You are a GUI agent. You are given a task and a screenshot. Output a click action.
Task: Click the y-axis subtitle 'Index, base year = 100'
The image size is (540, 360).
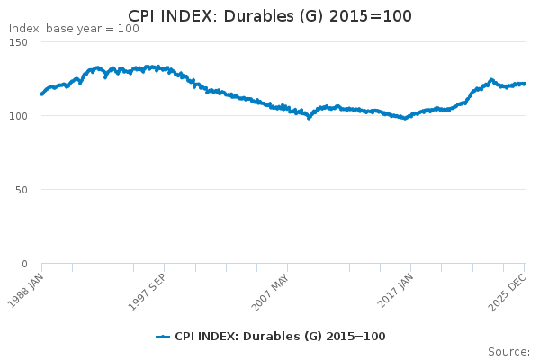[x=74, y=29]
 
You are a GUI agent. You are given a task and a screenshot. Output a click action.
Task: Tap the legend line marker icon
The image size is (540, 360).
[x=163, y=337]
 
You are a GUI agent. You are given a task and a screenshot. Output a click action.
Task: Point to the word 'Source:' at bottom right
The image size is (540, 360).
[x=508, y=351]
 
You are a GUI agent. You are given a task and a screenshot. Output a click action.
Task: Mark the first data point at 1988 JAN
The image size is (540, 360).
[x=41, y=94]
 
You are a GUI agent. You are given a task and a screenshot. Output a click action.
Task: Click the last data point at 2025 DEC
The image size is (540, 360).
[x=525, y=84]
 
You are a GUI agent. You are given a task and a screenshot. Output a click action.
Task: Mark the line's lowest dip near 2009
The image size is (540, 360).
[x=309, y=118]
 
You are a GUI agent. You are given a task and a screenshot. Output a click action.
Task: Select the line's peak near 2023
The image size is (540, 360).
[x=491, y=79]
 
